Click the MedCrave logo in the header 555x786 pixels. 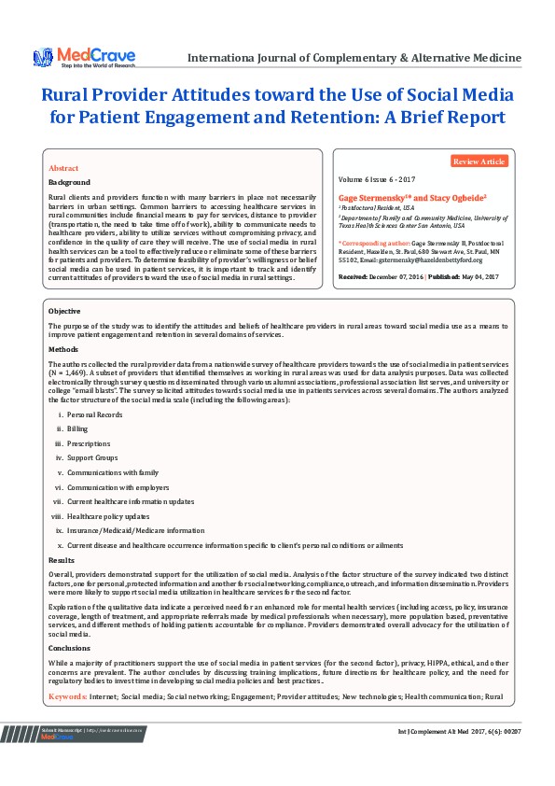coord(84,57)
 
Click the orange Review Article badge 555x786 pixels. coord(479,161)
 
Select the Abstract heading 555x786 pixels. coord(63,168)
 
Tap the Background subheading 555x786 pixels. coord(70,182)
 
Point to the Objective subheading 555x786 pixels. coord(64,310)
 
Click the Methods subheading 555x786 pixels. coord(62,348)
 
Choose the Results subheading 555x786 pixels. coord(62,559)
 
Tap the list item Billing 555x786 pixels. coord(77,428)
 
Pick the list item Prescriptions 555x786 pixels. coord(89,443)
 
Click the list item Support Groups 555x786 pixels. coord(92,458)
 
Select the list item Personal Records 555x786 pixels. coord(94,414)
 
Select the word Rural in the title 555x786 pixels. coord(65,96)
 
